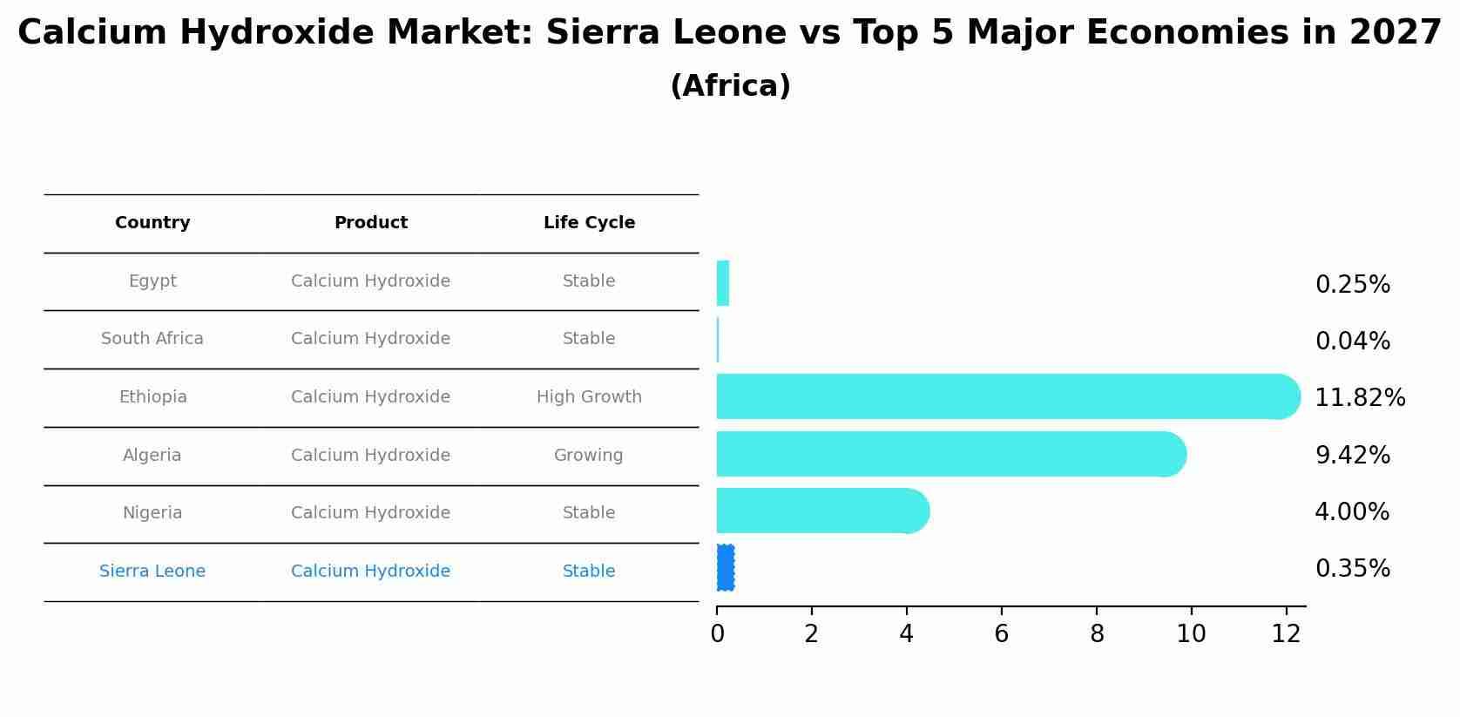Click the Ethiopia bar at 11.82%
[x=1002, y=396]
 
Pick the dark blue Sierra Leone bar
[x=725, y=568]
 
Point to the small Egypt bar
[x=723, y=283]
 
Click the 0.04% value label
[x=1352, y=342]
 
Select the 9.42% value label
[x=1352, y=456]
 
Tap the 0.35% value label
[x=1352, y=569]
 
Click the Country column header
[x=152, y=223]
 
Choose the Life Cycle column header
[x=589, y=223]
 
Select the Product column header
[x=371, y=223]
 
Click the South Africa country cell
[x=152, y=339]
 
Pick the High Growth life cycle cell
[x=589, y=397]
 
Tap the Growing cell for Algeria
[x=589, y=456]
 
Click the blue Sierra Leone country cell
[x=152, y=572]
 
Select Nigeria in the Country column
[x=152, y=513]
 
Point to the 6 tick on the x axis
[x=1002, y=634]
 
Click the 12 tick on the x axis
[x=1286, y=634]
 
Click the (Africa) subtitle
[x=730, y=86]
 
